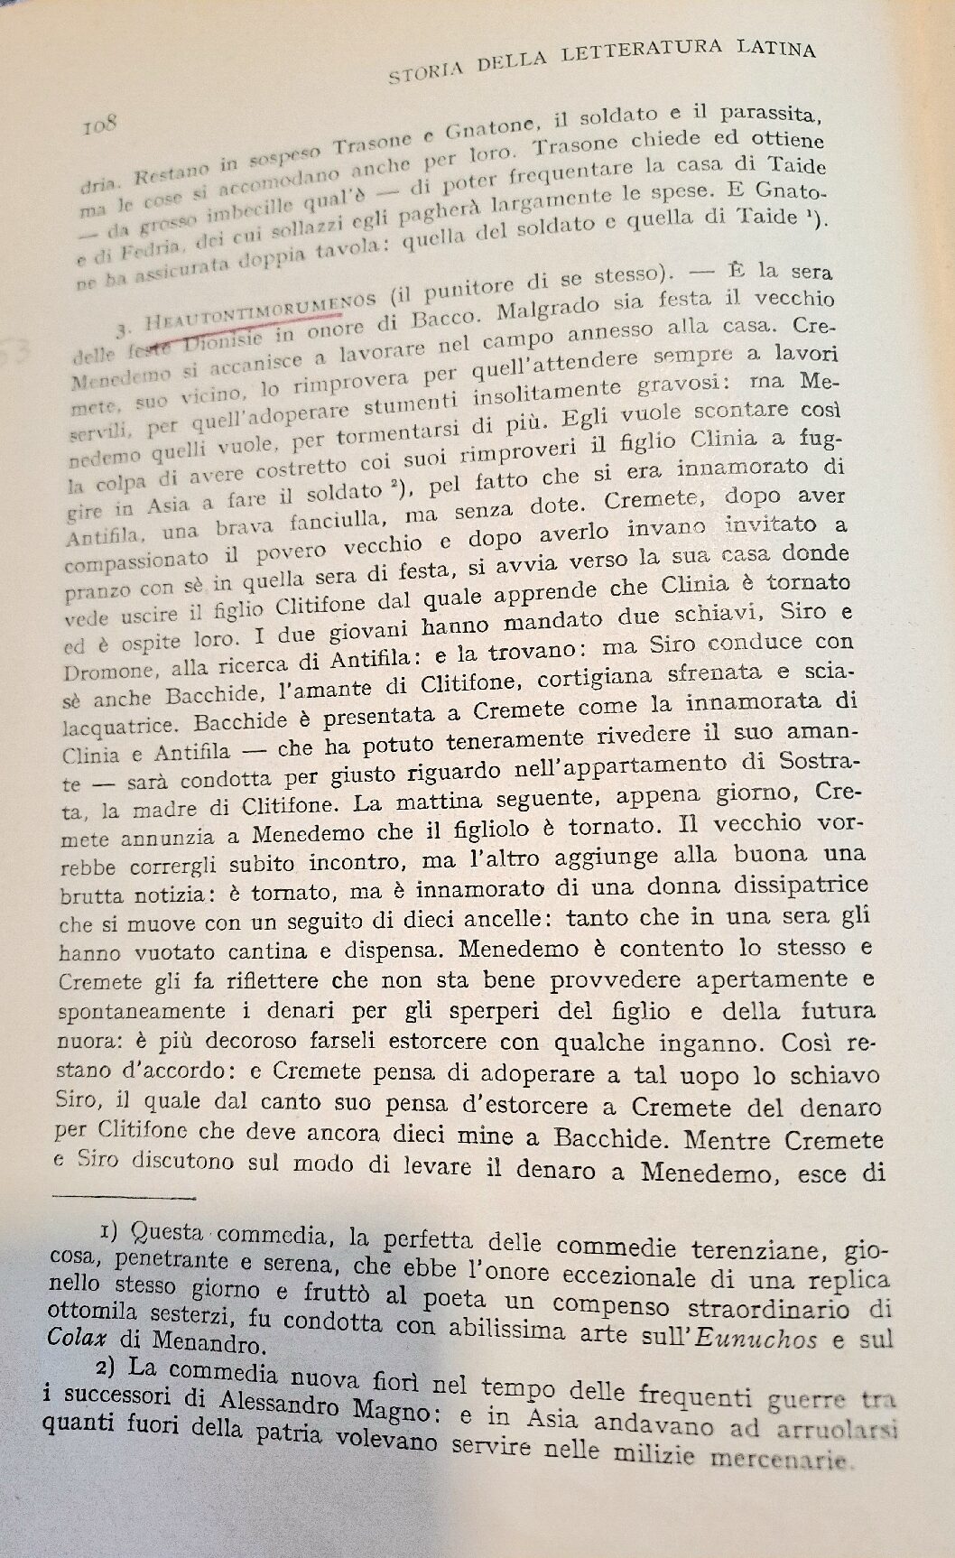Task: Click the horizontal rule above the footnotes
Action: [125, 1199]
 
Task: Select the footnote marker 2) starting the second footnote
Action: [113, 1370]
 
